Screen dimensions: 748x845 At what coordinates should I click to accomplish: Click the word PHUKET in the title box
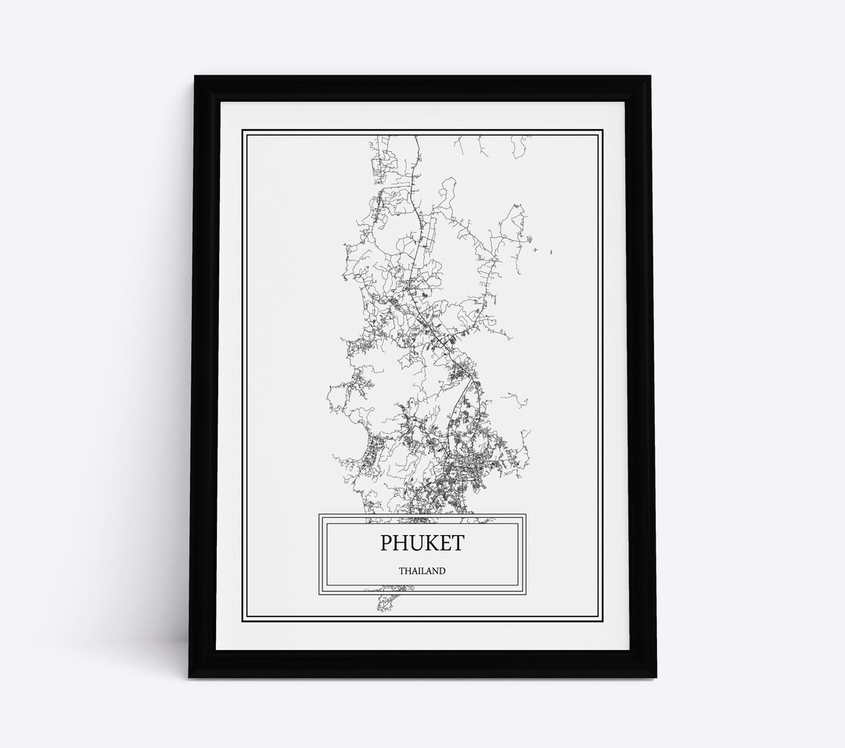click(x=422, y=542)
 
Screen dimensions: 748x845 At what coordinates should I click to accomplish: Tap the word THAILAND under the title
click(x=422, y=571)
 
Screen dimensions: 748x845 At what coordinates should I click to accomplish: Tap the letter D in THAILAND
click(x=442, y=571)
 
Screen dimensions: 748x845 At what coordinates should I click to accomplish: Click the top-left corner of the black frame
click(x=188, y=77)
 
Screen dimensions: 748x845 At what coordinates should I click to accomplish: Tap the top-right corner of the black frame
click(x=656, y=77)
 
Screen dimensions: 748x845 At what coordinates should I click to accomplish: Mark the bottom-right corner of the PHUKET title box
click(x=525, y=592)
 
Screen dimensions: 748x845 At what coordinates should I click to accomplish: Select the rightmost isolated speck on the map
click(x=552, y=252)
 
